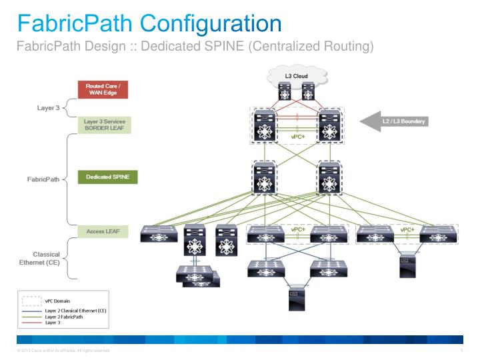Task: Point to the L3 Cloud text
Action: [296, 77]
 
